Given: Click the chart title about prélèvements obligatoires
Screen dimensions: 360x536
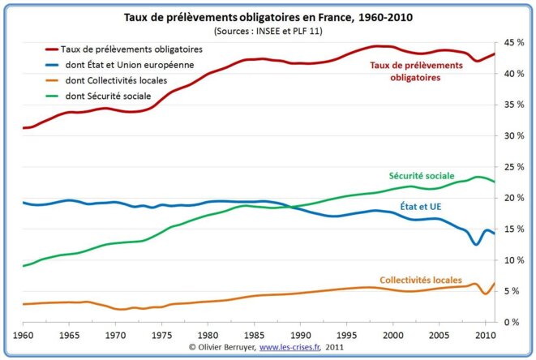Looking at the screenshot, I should (x=267, y=17).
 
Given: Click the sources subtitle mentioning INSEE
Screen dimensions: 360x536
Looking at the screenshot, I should (x=267, y=31).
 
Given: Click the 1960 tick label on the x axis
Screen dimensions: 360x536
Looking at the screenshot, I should (x=23, y=334).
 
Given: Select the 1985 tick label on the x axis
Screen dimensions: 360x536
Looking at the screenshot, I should (x=254, y=334).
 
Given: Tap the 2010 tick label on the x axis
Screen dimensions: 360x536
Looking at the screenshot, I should (x=485, y=334).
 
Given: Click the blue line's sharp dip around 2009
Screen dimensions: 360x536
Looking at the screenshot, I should (x=476, y=243).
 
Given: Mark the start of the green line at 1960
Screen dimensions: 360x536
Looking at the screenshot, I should (x=24, y=266).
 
